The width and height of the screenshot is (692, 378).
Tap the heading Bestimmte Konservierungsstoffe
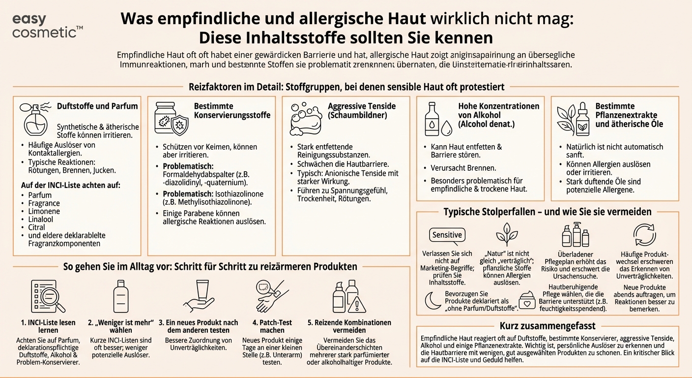click(232, 111)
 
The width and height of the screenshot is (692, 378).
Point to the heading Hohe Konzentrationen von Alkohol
click(498, 115)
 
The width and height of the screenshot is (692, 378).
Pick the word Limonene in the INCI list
click(44, 211)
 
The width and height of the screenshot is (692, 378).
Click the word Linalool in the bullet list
click(41, 220)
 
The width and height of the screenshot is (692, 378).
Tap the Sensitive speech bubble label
click(447, 235)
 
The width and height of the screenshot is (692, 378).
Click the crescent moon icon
click(432, 300)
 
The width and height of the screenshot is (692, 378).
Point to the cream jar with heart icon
click(527, 301)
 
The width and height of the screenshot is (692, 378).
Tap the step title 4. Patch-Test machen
click(272, 326)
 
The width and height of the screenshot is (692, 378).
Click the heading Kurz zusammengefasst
click(547, 326)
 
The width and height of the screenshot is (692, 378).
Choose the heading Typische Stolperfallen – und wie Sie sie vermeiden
click(547, 212)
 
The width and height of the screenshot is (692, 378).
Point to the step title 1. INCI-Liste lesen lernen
click(48, 326)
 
